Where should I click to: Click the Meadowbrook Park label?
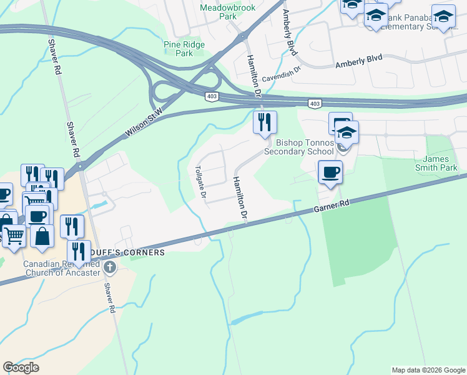point(219,12)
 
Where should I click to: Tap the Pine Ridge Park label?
point(184,49)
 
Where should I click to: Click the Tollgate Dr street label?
point(200,181)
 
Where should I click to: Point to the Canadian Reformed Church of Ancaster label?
point(61,267)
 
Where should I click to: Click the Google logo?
point(21,367)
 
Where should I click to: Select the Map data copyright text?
point(428,370)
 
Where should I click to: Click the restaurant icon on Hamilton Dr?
point(265,122)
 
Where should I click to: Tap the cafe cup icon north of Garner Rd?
point(330,171)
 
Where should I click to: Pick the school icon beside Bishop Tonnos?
point(347,132)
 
